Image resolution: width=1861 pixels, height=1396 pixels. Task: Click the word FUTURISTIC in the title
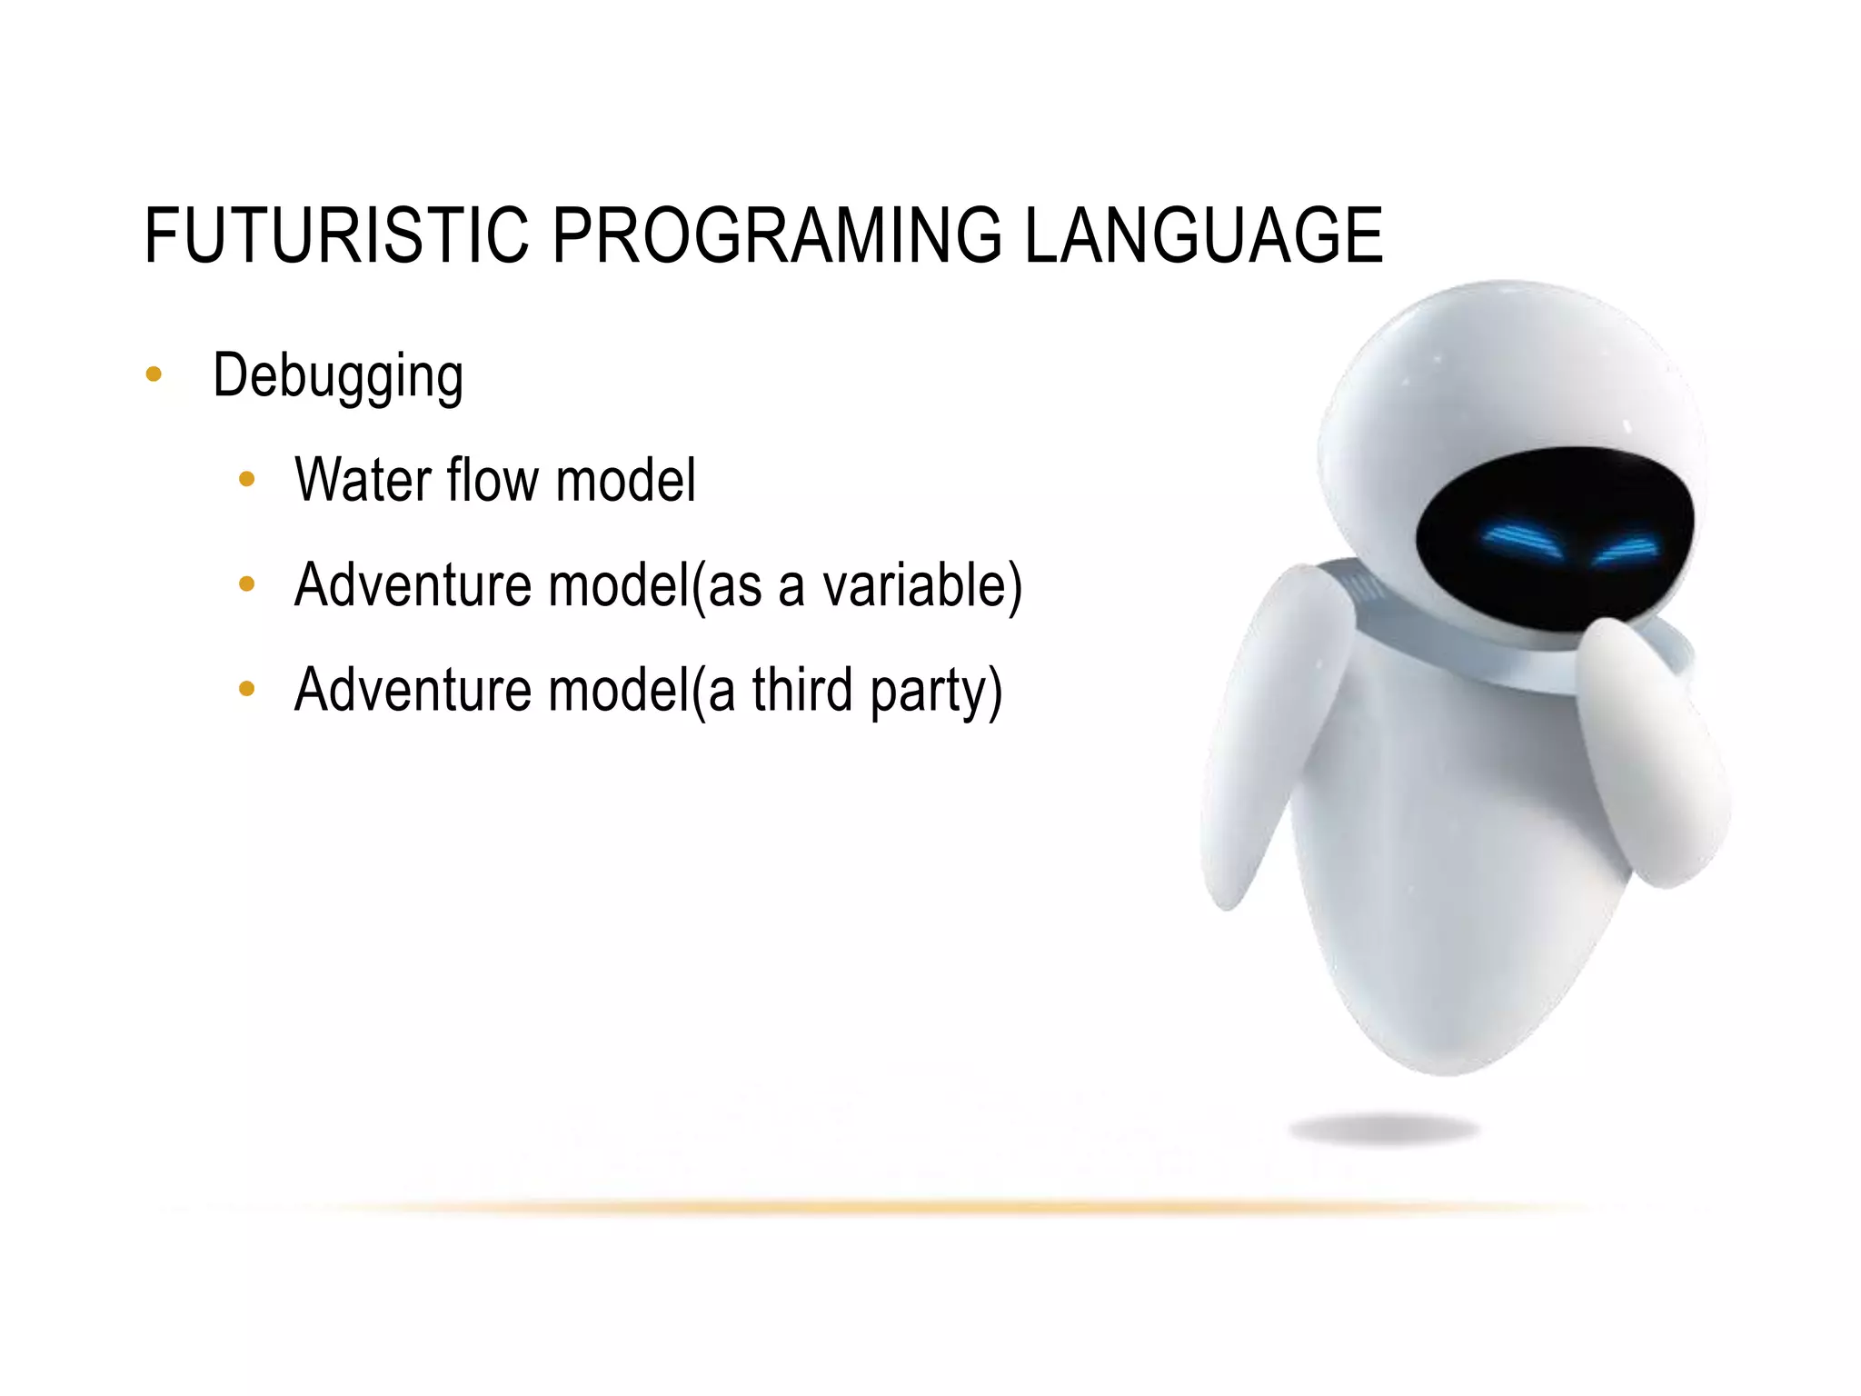(x=336, y=235)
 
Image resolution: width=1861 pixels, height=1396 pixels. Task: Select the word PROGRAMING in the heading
(x=777, y=235)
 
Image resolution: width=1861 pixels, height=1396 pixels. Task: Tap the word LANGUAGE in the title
(x=1203, y=235)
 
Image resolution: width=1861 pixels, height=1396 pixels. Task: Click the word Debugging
(x=338, y=375)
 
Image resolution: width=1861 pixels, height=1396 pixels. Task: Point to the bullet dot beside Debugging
(x=154, y=374)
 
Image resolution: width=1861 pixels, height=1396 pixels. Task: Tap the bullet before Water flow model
(x=246, y=480)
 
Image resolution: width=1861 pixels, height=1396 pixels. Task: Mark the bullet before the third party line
(x=246, y=689)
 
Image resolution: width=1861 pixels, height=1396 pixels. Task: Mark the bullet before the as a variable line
(x=246, y=584)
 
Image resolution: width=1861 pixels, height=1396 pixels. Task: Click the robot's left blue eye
(x=1520, y=541)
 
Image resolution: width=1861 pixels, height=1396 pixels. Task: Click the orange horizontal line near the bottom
(x=909, y=1208)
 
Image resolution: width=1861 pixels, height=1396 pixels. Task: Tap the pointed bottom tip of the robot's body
(x=1445, y=1071)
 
